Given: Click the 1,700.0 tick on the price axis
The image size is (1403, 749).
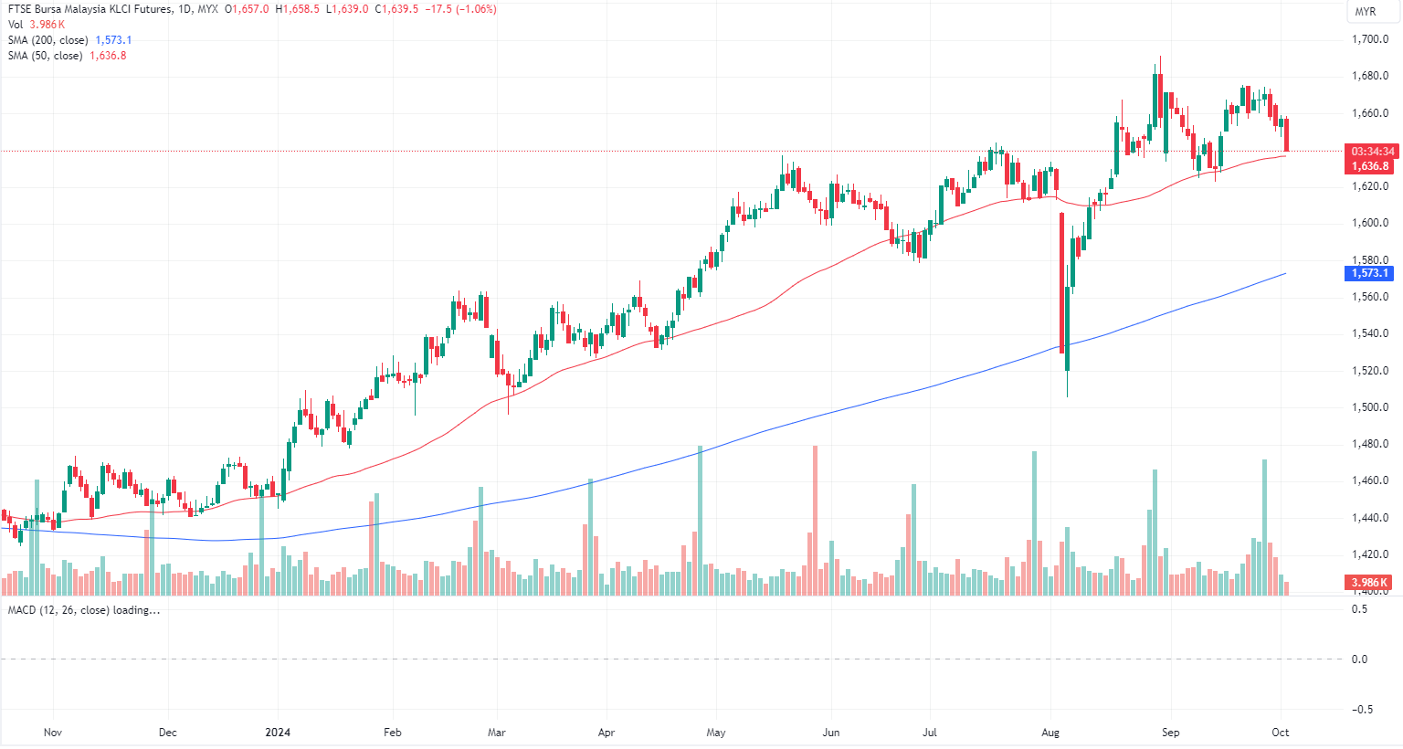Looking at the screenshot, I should coord(1369,39).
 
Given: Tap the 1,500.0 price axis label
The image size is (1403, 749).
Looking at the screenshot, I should coord(1369,407).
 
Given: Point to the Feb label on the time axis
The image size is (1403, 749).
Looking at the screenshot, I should coord(392,733).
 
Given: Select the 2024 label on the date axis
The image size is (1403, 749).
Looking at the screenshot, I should coord(278,733).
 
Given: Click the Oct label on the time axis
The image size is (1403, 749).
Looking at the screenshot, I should coord(1281,733).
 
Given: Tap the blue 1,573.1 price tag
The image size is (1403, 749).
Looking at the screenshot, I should coord(1370,273).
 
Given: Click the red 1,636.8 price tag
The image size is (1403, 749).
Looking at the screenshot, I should coord(1370,166).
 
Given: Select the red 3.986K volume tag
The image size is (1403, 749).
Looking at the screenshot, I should coord(1369,583).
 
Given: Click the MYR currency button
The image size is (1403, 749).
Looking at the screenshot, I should coord(1365,12).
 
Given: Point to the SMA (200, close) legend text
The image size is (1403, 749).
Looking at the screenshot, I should coord(47,40).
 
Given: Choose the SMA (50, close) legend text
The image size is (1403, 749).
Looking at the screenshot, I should coord(45,56).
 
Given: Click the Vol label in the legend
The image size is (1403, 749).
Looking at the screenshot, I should coord(16,25).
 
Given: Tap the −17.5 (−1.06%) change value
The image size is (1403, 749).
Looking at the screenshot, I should coord(460,9).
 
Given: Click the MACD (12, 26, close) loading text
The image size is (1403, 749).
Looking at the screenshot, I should coord(83,610).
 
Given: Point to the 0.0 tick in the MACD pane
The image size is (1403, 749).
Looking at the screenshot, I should coord(1359,659).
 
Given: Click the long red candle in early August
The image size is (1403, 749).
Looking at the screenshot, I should coord(1062,283).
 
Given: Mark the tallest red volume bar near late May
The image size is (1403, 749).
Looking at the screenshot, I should coord(815,521).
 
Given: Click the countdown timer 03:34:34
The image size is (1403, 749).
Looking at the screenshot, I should coord(1373,152).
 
